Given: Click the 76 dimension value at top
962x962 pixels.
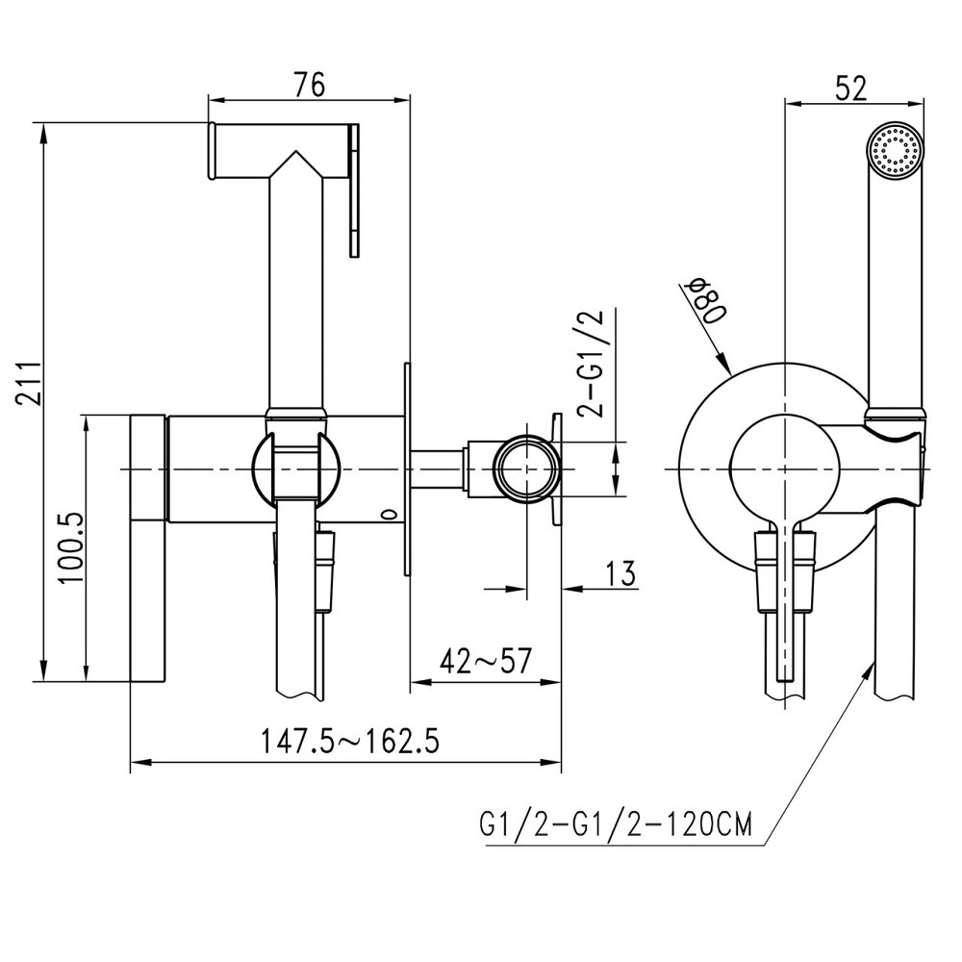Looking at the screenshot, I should point(310,85).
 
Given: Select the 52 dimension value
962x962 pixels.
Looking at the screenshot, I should point(851,88).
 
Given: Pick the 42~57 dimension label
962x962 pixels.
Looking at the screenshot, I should point(486,660).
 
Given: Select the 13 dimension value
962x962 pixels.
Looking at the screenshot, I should point(620,573).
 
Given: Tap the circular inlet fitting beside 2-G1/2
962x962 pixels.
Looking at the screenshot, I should point(527,468).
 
